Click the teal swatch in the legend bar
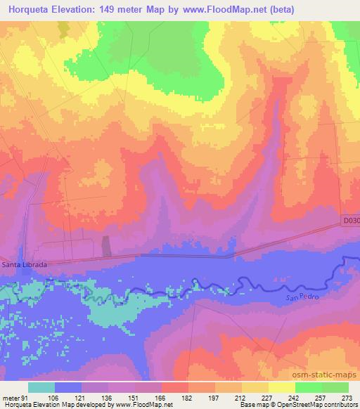(41, 387)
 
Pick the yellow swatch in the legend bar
(282, 387)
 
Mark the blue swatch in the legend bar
(68, 387)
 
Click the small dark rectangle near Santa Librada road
(107, 246)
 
